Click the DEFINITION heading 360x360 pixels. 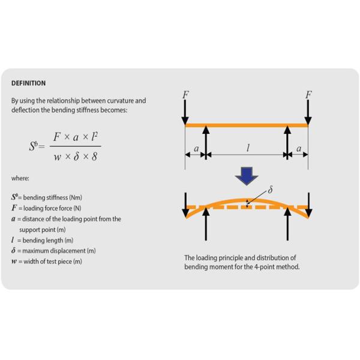pos(28,83)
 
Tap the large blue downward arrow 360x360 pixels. pos(247,176)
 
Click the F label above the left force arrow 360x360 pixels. pos(186,95)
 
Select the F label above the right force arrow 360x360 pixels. pos(308,95)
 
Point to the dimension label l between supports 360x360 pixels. pos(248,148)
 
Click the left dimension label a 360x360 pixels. pos(196,149)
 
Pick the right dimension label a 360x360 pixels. pos(299,149)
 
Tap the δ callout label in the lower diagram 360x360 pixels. pos(270,190)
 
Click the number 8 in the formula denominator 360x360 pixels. pos(94,157)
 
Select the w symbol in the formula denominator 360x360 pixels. pos(58,157)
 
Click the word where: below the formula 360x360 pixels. pos(20,178)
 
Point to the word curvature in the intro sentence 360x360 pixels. pos(119,101)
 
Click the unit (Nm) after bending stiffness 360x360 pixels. pos(76,197)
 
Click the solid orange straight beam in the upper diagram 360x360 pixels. pos(247,125)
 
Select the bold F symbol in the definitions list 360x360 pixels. pos(14,208)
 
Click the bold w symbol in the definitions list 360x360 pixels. pos(14,262)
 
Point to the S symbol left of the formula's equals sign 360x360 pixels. pos(32,146)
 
